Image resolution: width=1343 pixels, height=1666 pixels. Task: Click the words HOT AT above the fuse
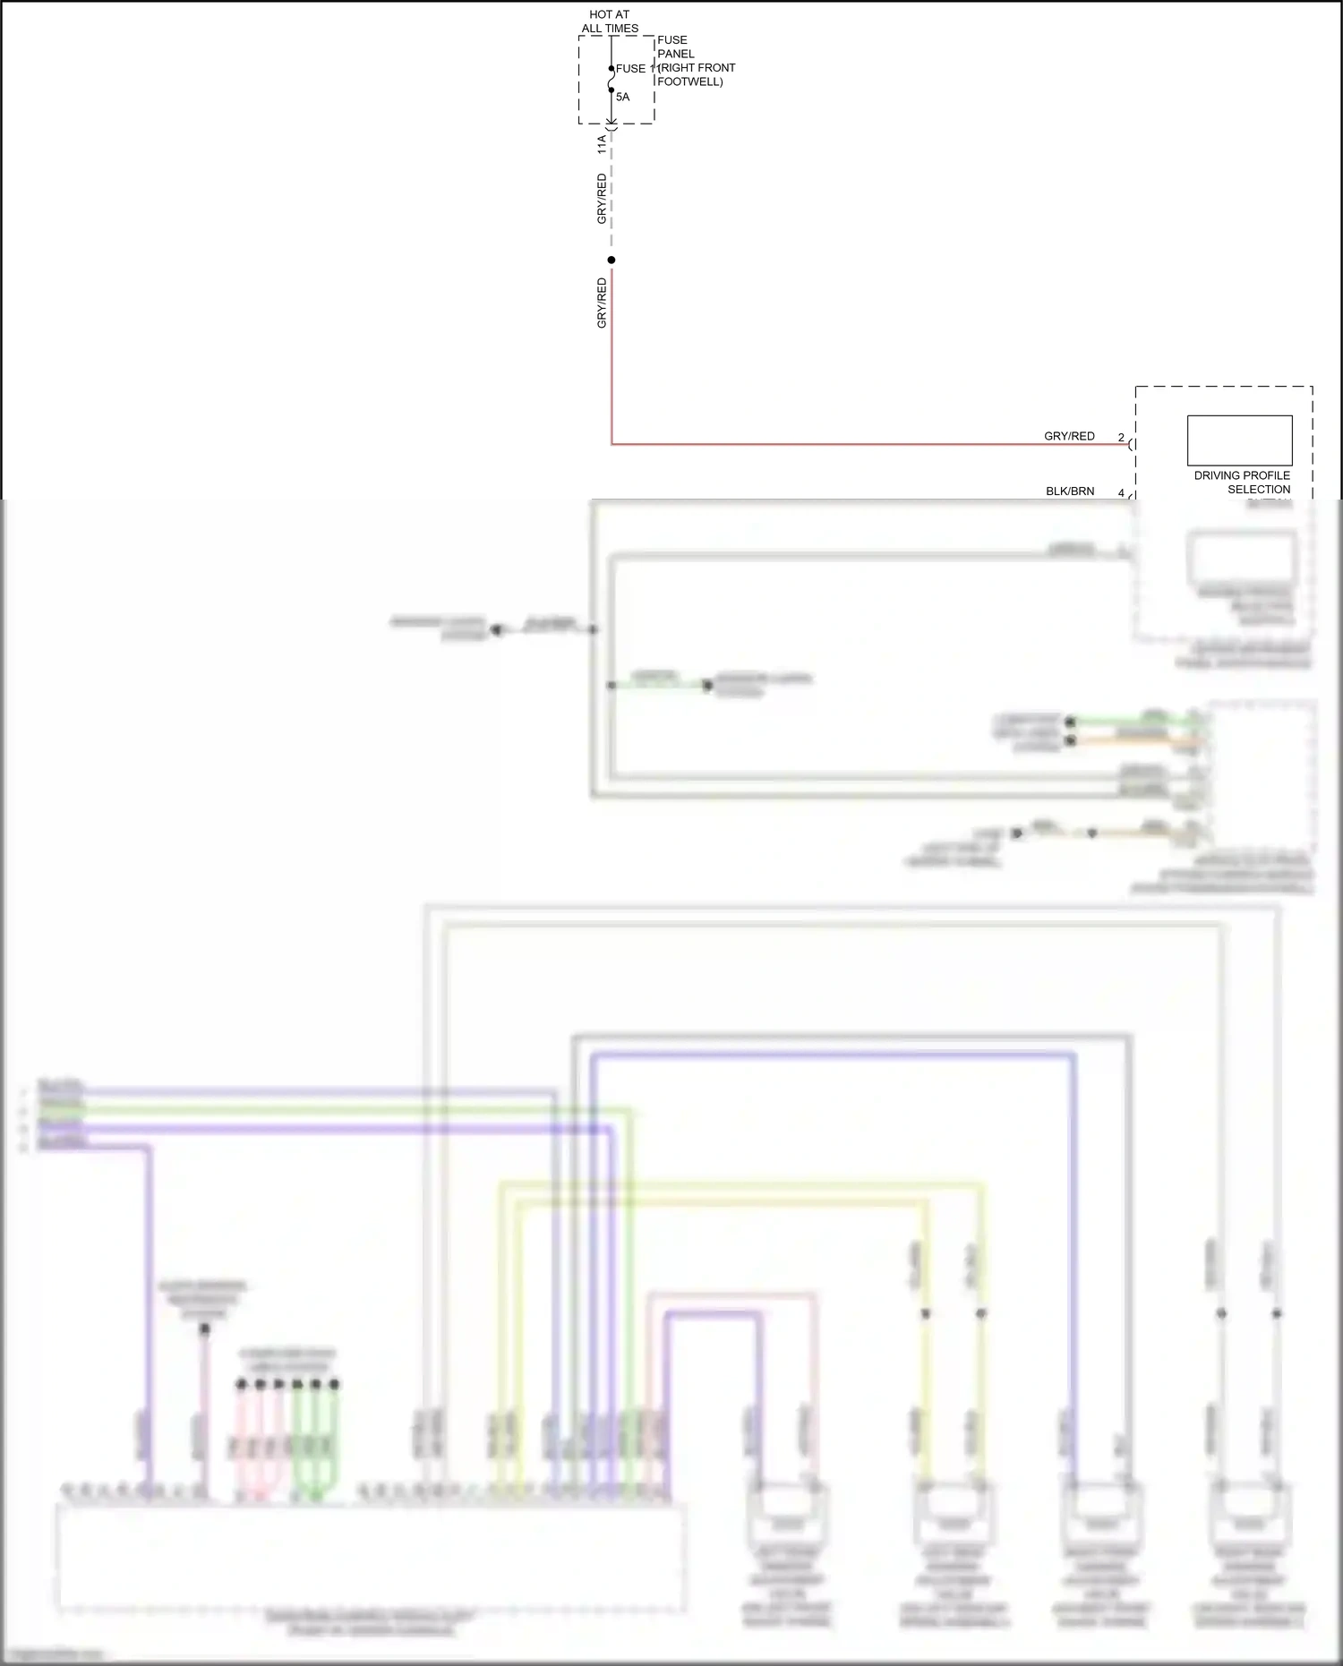click(609, 14)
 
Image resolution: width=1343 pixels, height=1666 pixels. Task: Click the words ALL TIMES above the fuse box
click(610, 29)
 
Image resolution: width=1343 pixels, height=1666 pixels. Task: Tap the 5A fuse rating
click(622, 97)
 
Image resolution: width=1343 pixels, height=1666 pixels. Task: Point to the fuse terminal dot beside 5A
click(612, 91)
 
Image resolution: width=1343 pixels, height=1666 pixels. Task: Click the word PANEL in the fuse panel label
click(676, 54)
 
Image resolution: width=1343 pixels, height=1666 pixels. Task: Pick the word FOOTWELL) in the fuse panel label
click(690, 81)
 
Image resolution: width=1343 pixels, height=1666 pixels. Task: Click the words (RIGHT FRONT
click(697, 67)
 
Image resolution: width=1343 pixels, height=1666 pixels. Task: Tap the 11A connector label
click(602, 144)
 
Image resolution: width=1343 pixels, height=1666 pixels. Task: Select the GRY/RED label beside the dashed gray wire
click(602, 199)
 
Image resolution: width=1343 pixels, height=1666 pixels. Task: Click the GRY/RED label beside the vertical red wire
click(602, 303)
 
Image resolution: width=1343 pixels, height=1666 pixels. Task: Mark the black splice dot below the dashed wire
click(612, 261)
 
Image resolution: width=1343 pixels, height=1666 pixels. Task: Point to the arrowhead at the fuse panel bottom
click(612, 123)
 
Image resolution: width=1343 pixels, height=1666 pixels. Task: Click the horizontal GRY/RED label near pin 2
click(1069, 436)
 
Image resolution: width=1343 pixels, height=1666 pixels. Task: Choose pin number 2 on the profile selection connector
click(1121, 438)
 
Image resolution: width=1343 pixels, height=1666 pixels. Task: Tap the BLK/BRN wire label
click(1070, 491)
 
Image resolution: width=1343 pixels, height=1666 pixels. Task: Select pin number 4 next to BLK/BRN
click(1121, 493)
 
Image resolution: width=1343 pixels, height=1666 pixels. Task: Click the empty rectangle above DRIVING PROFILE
click(1239, 440)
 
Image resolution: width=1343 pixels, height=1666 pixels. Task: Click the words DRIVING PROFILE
click(1242, 475)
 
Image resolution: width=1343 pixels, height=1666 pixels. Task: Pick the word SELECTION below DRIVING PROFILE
click(1259, 490)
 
